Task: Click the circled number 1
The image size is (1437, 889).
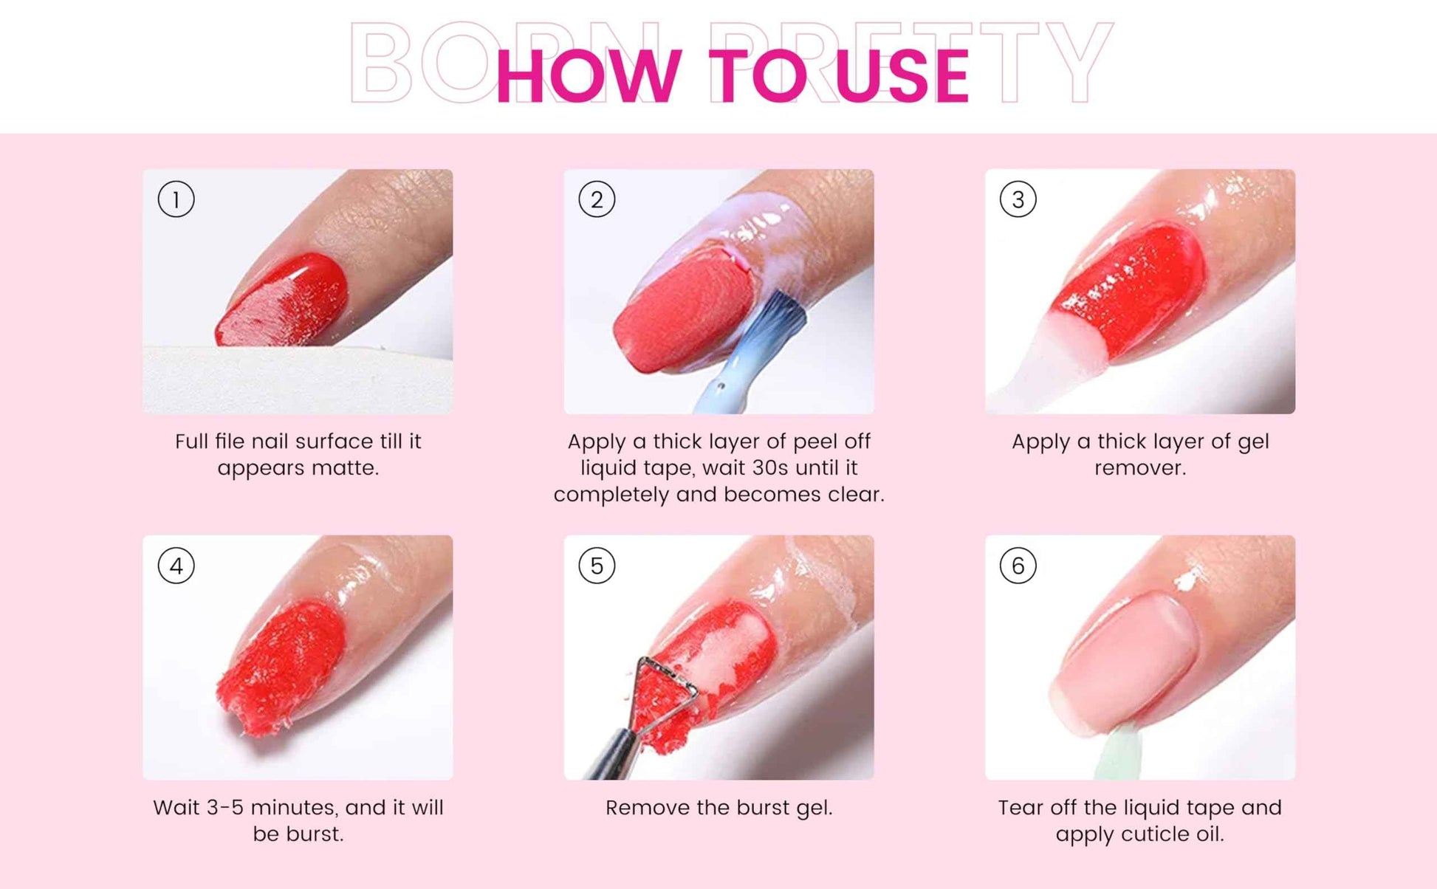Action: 176,199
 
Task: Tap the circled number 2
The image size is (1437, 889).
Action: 597,199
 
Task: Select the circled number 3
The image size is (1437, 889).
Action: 1018,199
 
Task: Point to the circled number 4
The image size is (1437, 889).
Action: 176,566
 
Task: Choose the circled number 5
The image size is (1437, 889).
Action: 597,566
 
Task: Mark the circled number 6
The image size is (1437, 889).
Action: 1018,566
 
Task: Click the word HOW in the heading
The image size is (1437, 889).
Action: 588,75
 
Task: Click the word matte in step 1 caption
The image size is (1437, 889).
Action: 343,468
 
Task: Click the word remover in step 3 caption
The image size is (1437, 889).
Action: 1139,468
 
